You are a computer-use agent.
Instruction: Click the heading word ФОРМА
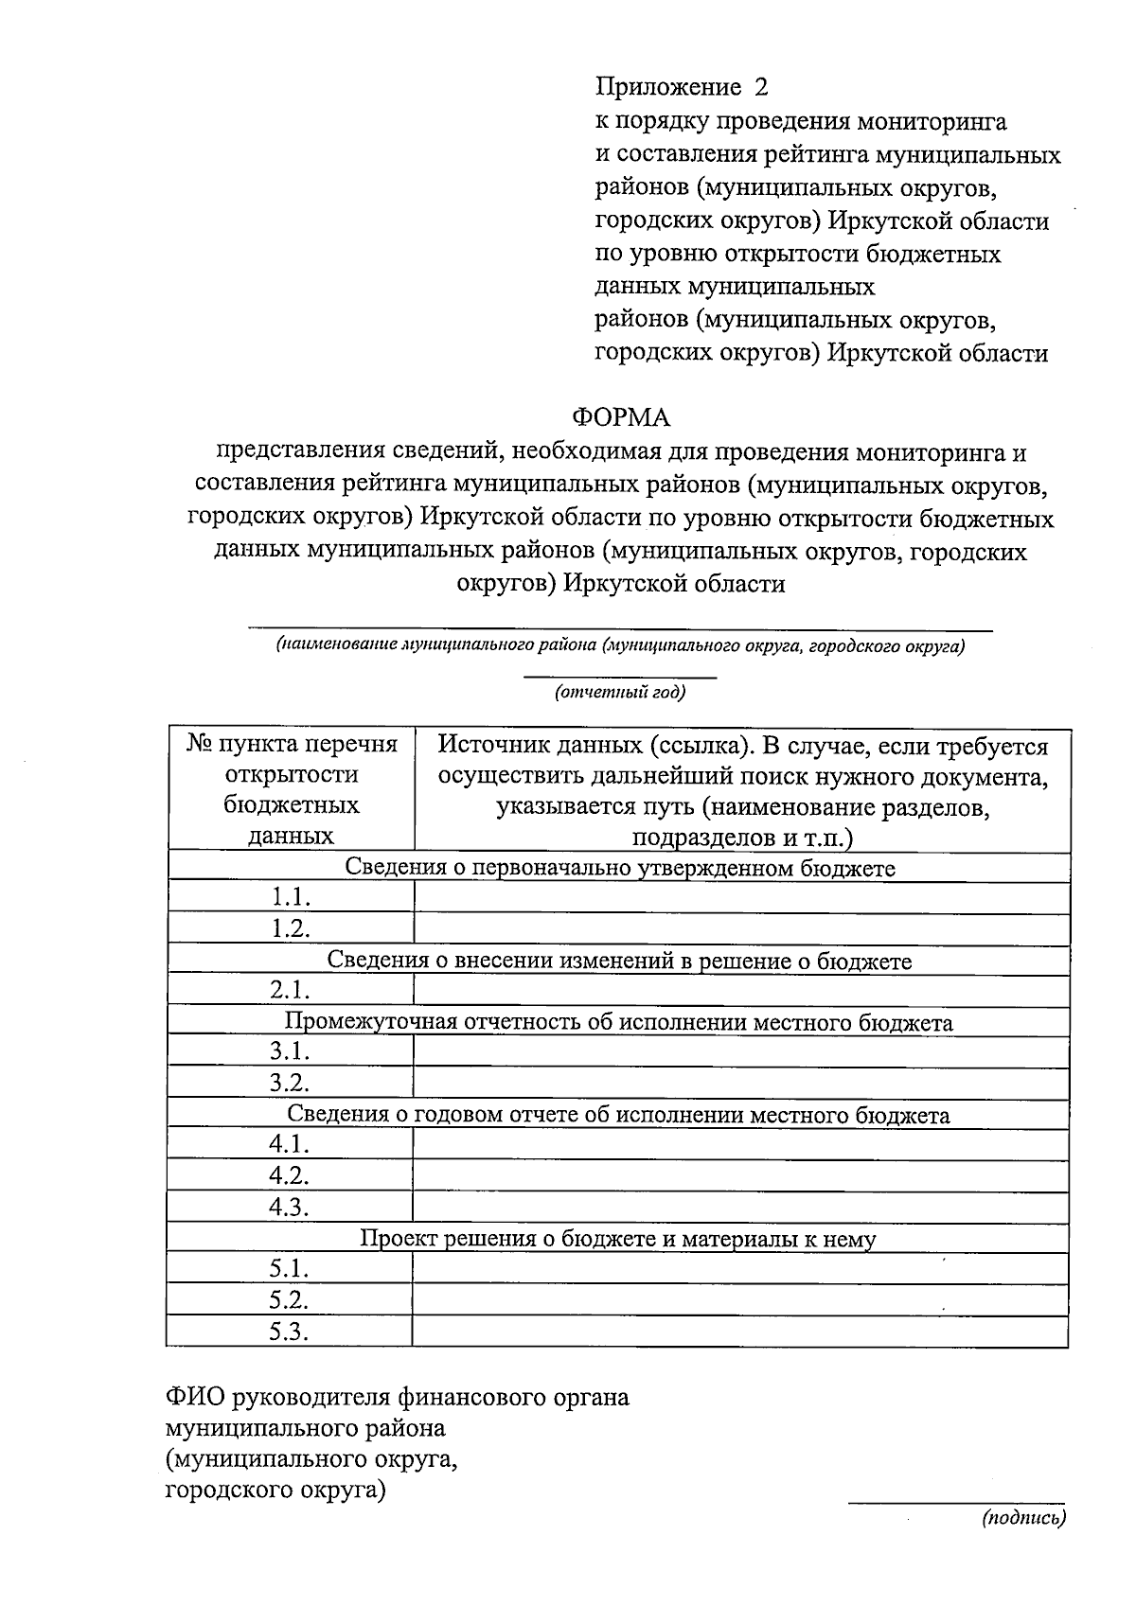click(x=620, y=417)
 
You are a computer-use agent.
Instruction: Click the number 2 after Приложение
click(x=760, y=87)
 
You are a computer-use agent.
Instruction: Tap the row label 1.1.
click(x=291, y=897)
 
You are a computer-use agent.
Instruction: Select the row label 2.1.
click(x=290, y=990)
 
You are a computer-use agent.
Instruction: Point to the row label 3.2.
click(x=289, y=1082)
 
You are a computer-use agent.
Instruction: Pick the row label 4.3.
click(x=289, y=1207)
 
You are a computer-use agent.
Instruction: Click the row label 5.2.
click(x=289, y=1299)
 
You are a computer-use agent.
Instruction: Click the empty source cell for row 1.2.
click(x=741, y=928)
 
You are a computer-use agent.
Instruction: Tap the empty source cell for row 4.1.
click(x=741, y=1144)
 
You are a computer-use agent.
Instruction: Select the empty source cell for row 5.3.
click(x=741, y=1331)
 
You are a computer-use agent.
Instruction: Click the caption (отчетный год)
click(x=620, y=692)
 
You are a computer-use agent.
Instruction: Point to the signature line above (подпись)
click(x=956, y=1503)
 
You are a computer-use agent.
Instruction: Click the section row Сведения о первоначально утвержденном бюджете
click(x=620, y=868)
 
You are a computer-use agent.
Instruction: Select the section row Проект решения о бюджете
click(x=618, y=1238)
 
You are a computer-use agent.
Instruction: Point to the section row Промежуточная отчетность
click(x=618, y=1022)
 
